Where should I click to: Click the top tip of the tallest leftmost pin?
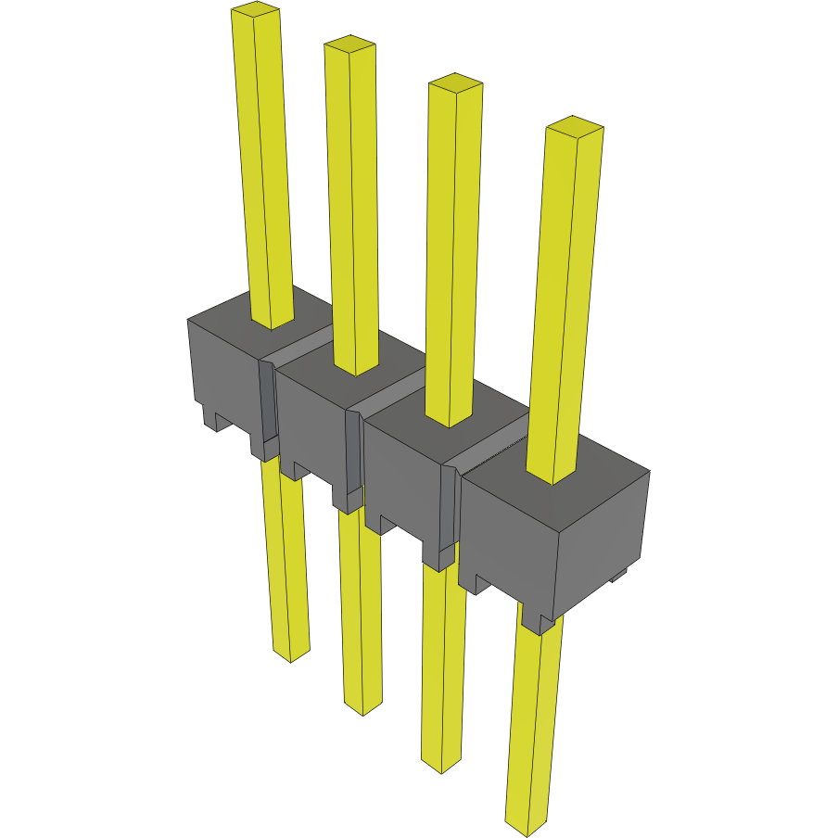256,10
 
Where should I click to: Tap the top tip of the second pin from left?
349,44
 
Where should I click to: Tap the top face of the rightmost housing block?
593,482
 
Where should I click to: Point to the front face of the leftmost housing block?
222,371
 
